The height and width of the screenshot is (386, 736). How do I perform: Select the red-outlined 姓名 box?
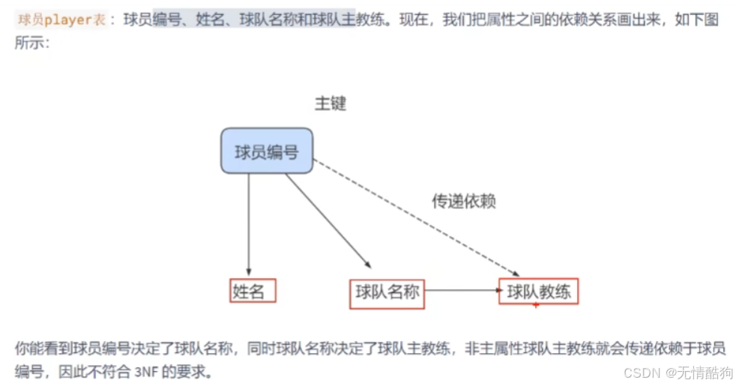(252, 291)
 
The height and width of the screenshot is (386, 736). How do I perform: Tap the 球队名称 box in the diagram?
(387, 292)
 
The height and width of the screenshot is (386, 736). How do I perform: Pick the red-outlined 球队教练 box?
(539, 291)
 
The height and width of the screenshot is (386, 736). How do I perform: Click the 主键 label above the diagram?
(331, 103)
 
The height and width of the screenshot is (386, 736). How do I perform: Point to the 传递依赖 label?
(464, 201)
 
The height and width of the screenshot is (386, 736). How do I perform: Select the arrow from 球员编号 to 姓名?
(249, 225)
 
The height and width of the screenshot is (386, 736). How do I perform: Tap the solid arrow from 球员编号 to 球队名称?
(328, 221)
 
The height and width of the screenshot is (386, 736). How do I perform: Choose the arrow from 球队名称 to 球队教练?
(461, 290)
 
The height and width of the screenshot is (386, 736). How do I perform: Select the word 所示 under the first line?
(31, 43)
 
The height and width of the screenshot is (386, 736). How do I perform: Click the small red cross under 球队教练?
(536, 305)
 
